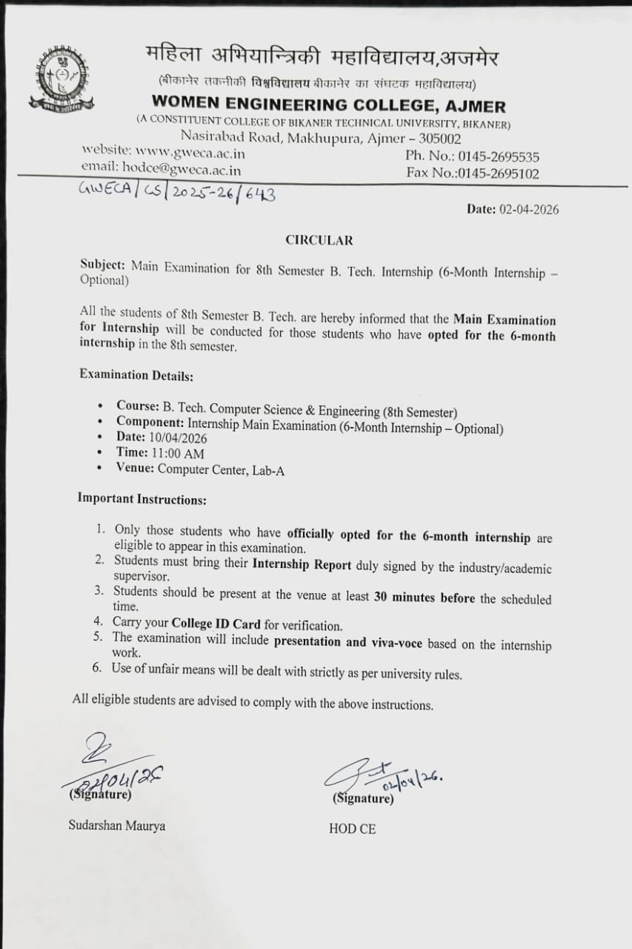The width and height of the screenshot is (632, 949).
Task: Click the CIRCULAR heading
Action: [319, 240]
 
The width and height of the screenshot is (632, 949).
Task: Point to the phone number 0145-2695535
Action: [499, 156]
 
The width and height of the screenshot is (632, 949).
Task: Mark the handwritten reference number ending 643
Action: [177, 192]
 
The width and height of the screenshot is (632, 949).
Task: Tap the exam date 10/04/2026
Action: [178, 437]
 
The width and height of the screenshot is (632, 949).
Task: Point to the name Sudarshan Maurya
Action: [117, 825]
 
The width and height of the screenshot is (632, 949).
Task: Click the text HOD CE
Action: [352, 829]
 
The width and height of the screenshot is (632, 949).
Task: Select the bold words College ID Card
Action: [216, 624]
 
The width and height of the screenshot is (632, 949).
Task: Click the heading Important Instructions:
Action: [142, 499]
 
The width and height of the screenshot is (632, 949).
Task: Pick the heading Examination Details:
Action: [136, 376]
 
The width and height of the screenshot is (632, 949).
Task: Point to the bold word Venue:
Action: [135, 469]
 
